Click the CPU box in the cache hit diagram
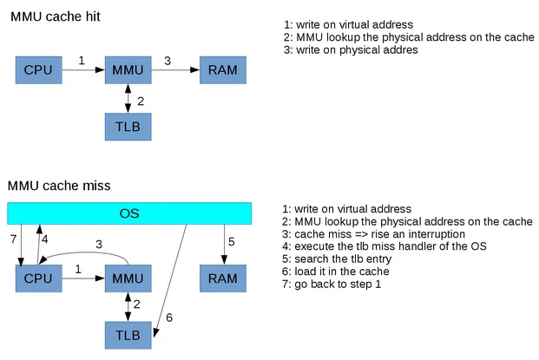point(39,69)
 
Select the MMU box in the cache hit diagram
point(128,69)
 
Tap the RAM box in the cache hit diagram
point(222,69)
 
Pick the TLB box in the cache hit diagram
point(128,127)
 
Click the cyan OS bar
point(128,213)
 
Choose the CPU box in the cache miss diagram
point(39,278)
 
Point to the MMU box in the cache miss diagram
point(128,278)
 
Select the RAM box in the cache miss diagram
point(222,278)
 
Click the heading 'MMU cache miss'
point(59,186)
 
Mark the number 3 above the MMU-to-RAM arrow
point(168,60)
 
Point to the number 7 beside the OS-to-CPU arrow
point(13,239)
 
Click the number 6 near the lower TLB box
point(169,317)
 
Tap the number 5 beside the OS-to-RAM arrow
point(231,242)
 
